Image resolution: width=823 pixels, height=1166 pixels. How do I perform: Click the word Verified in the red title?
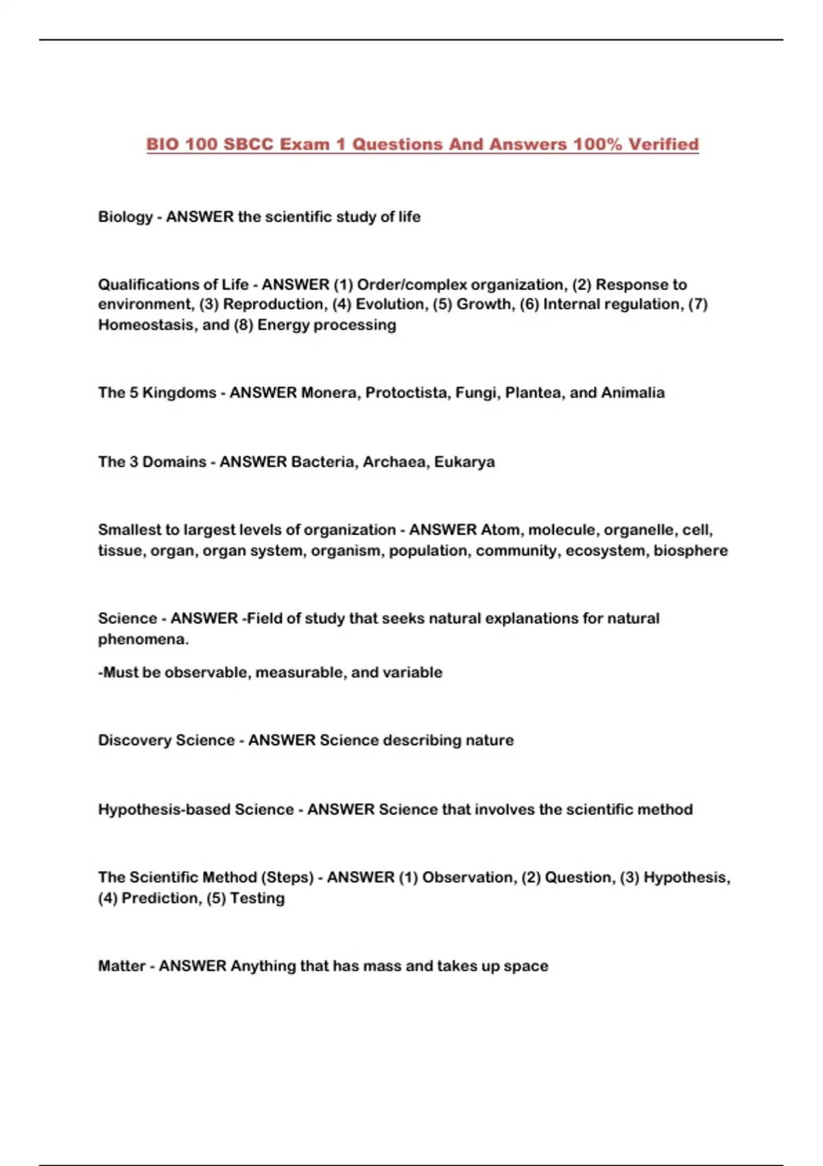click(663, 145)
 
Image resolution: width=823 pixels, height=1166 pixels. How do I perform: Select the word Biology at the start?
click(126, 217)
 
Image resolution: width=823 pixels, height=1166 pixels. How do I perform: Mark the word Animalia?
click(632, 393)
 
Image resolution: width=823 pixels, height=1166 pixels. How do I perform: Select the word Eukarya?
click(464, 462)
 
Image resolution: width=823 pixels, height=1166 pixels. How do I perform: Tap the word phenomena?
click(143, 639)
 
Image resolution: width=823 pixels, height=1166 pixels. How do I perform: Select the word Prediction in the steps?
click(160, 899)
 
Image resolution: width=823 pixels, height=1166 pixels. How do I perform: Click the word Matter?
click(121, 966)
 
